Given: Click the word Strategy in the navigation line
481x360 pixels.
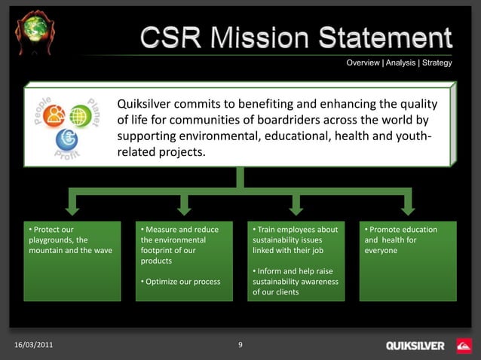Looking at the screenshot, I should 437,63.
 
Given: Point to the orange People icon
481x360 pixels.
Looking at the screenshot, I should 55,114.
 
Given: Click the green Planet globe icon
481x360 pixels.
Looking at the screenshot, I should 80,115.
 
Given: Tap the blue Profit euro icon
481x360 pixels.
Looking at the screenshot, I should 67,139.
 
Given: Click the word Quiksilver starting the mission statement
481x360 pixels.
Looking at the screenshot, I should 146,103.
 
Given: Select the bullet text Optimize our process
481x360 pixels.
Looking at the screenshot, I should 182,282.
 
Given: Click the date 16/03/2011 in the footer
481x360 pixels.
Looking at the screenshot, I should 34,345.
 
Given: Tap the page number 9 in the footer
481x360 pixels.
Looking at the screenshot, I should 240,345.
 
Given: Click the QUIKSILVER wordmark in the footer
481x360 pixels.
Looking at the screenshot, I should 415,346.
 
